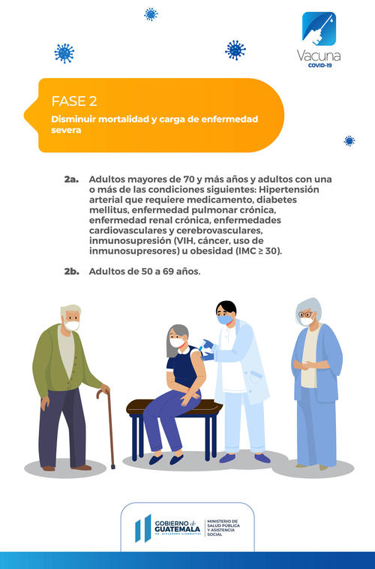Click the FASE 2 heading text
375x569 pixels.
pyautogui.click(x=74, y=101)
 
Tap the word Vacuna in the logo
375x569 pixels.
pyautogui.click(x=319, y=56)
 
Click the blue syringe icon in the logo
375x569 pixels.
pyautogui.click(x=319, y=29)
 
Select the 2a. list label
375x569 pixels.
pyautogui.click(x=71, y=179)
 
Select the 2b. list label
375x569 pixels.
pyautogui.click(x=72, y=272)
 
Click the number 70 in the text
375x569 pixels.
pyautogui.click(x=189, y=179)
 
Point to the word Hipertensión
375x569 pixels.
pyautogui.click(x=289, y=189)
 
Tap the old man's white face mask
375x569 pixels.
pyautogui.click(x=72, y=326)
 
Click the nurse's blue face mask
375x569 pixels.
pyautogui.click(x=225, y=320)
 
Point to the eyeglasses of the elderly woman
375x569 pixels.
pyautogui.click(x=305, y=314)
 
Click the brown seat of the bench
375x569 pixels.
pyautogui.click(x=174, y=407)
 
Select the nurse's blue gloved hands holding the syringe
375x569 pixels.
pyautogui.click(x=208, y=350)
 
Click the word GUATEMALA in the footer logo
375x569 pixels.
pyautogui.click(x=177, y=529)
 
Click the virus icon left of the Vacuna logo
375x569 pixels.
pyautogui.click(x=235, y=50)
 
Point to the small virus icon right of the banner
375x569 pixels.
pyautogui.click(x=349, y=141)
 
